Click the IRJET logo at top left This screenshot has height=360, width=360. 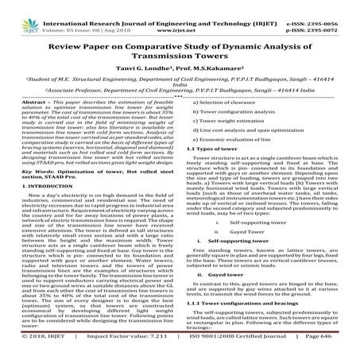[x=15, y=11]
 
